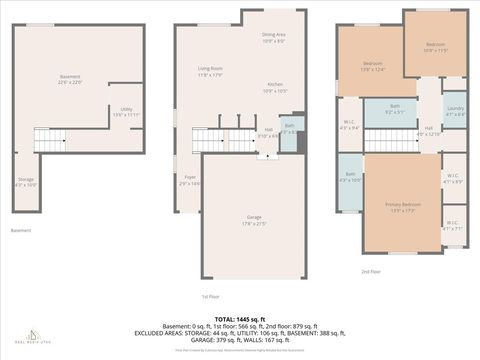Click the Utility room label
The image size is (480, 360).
(127, 112)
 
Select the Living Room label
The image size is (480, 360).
(209, 71)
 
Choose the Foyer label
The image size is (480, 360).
(190, 180)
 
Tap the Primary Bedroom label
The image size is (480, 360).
(403, 207)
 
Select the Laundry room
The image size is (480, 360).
(455, 111)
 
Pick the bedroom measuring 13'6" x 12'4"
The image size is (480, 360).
(373, 67)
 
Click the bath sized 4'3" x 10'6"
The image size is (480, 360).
(349, 178)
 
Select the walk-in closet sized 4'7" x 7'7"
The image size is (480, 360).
(452, 226)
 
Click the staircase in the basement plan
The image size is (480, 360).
(51, 139)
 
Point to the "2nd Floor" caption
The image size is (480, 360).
(371, 271)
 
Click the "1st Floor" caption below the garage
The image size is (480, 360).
(210, 296)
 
